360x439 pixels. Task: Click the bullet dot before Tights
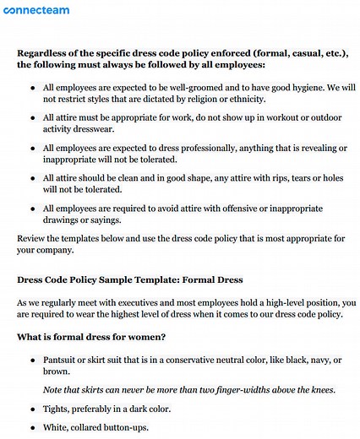(x=32, y=409)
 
